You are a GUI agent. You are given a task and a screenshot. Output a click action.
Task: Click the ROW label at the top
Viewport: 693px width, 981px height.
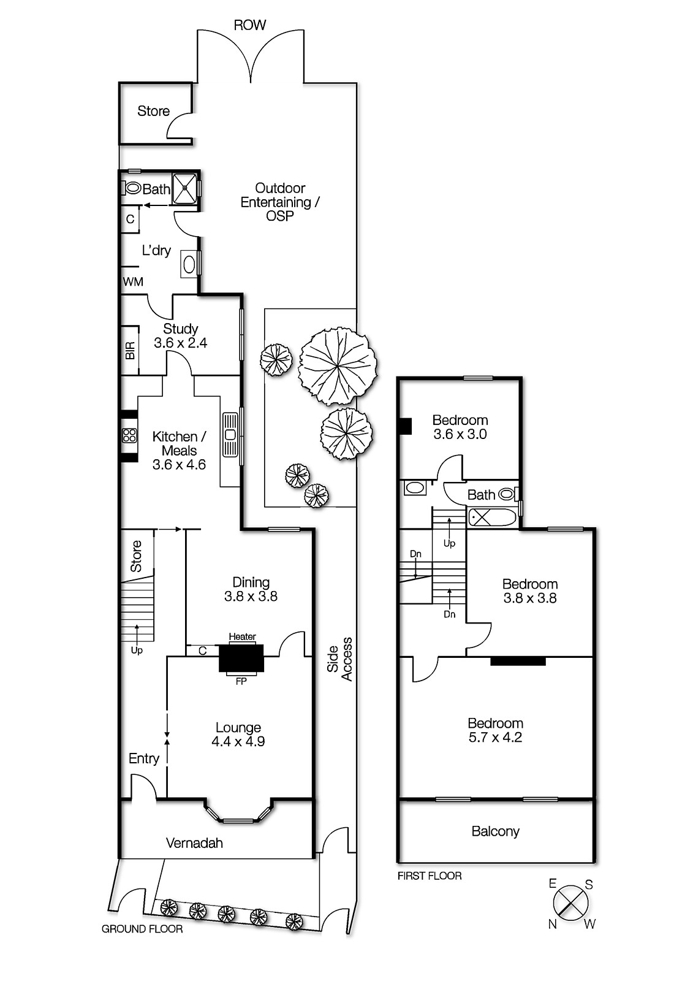[250, 25]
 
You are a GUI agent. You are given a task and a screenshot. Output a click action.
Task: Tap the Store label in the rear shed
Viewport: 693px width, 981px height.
[153, 111]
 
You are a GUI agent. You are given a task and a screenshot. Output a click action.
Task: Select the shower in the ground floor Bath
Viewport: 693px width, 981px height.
[184, 189]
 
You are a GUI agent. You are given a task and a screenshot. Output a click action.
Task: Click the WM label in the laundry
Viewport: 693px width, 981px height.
[133, 282]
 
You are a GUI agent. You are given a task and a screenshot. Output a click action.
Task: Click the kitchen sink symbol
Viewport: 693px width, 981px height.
[230, 435]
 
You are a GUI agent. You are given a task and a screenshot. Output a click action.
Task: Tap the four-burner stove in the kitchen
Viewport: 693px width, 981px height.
[129, 435]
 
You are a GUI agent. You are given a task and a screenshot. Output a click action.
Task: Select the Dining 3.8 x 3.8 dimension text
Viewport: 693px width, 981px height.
[251, 597]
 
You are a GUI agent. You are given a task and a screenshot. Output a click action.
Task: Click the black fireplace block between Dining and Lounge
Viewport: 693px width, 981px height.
[241, 658]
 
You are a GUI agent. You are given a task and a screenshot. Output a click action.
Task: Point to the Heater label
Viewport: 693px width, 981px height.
[242, 637]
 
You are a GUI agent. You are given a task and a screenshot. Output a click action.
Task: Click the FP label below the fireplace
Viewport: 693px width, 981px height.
[241, 681]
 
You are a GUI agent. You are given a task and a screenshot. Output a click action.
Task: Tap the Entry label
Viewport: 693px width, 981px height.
[144, 758]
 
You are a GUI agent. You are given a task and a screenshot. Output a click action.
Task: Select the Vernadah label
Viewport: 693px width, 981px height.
[194, 843]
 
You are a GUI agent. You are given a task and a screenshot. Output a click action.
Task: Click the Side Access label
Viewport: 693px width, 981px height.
[340, 659]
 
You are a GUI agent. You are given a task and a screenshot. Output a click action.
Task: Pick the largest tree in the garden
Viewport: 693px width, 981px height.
[337, 366]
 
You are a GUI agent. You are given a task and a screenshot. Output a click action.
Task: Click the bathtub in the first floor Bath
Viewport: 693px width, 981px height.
[493, 517]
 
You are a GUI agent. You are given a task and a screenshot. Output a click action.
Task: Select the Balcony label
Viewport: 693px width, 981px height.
[495, 831]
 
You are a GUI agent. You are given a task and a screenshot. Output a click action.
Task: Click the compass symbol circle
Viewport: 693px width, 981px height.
[571, 903]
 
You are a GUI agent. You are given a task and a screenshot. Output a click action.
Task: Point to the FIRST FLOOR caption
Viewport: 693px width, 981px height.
[430, 876]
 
